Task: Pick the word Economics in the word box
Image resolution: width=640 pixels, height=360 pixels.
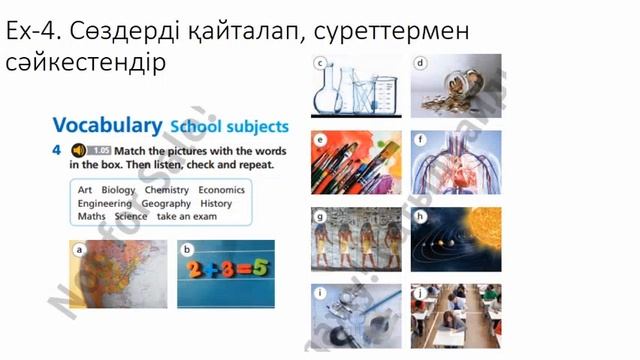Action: pos(221,189)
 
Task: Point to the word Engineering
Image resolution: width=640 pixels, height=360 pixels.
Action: pos(104,203)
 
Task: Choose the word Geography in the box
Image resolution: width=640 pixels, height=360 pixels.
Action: pos(166,203)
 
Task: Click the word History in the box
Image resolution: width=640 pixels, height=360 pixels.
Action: pos(216,203)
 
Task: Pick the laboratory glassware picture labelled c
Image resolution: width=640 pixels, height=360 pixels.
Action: pos(349,87)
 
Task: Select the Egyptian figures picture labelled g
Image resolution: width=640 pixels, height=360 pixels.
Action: pos(349,240)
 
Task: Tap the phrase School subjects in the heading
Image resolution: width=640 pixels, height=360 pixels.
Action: pos(228,127)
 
